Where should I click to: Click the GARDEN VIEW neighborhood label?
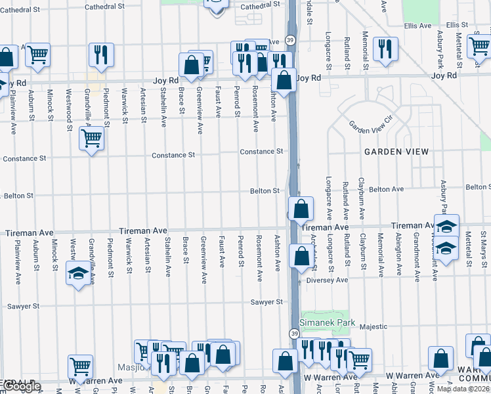tap(397, 152)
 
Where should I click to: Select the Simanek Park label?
tap(327, 322)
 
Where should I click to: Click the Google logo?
tap(21, 386)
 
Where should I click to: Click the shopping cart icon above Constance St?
tap(91, 139)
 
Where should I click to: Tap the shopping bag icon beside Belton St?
tap(300, 209)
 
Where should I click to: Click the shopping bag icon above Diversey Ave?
tap(301, 256)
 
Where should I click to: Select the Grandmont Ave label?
tap(416, 253)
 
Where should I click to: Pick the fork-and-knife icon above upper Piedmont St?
tap(101, 55)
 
